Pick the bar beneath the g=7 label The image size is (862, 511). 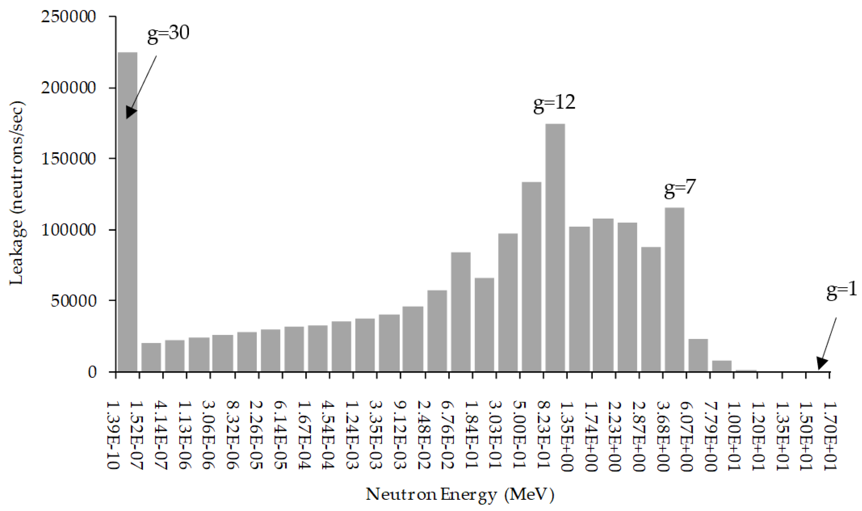(674, 289)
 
